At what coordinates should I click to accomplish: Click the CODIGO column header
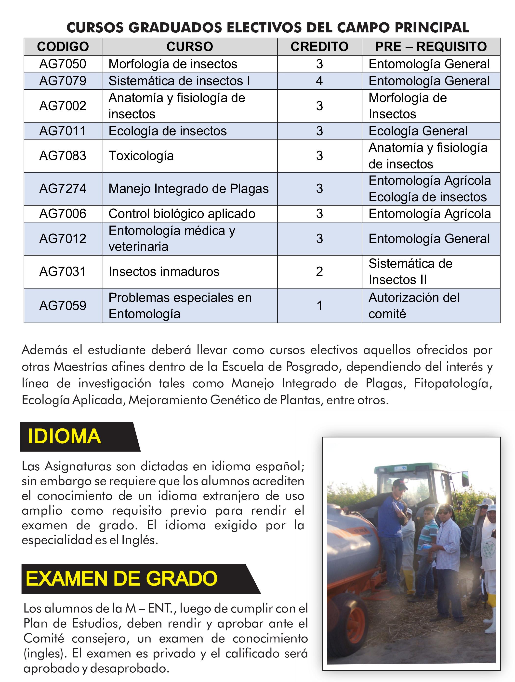(x=63, y=47)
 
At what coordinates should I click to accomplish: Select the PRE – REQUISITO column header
(x=431, y=47)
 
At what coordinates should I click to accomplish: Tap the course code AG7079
(x=63, y=81)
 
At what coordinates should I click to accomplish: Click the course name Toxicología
(x=141, y=156)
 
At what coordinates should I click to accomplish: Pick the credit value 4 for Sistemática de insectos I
(x=319, y=81)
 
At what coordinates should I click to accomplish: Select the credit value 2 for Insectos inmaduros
(x=319, y=272)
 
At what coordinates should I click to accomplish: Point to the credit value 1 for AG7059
(x=319, y=306)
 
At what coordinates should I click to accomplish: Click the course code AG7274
(x=63, y=189)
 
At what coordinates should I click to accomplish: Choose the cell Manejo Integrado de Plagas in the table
(x=189, y=189)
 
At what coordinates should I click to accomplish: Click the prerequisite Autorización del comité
(x=414, y=306)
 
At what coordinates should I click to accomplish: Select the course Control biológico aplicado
(x=182, y=214)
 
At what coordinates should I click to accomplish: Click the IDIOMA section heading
(x=65, y=436)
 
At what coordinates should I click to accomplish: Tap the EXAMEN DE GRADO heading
(x=122, y=578)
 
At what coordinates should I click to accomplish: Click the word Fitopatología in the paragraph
(x=452, y=383)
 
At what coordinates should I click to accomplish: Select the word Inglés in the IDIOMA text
(x=140, y=540)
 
